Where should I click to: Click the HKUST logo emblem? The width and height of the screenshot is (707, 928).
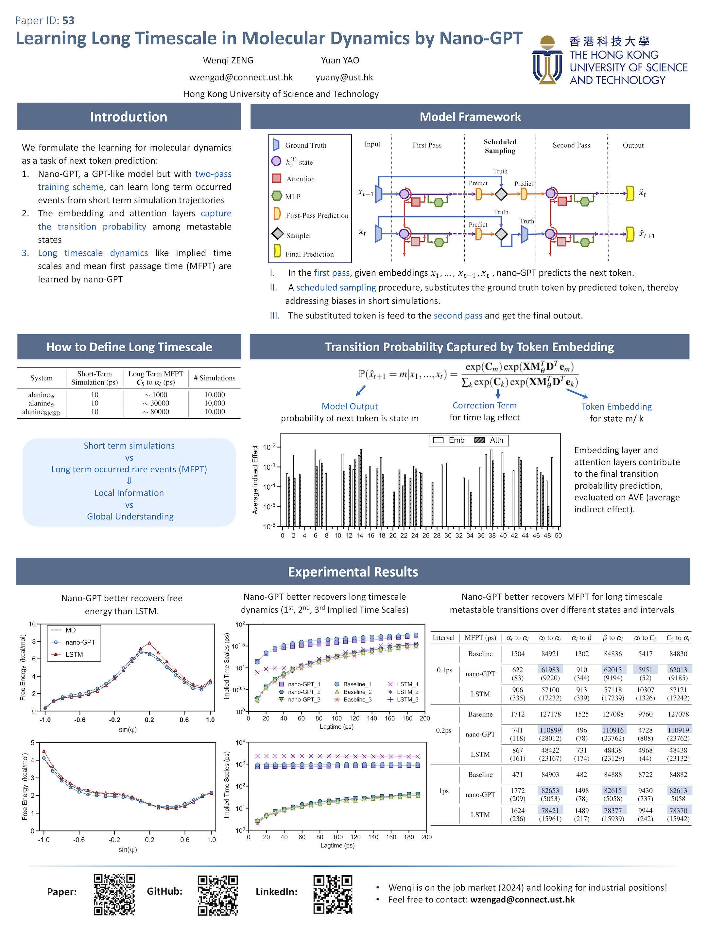pos(547,60)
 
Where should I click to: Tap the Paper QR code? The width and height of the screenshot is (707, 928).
pos(114,894)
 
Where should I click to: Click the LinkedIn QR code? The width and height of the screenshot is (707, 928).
pos(333,894)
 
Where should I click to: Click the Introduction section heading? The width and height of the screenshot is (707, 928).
pos(129,117)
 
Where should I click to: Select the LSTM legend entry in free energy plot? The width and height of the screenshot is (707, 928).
pos(74,654)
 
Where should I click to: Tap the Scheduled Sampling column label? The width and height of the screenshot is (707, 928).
pos(500,146)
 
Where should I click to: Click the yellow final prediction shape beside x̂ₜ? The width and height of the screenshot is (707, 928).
pos(630,193)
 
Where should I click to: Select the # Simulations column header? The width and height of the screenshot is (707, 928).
pos(215,378)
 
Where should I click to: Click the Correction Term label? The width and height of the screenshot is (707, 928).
pos(484,405)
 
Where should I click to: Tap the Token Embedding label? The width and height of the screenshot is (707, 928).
pos(616,407)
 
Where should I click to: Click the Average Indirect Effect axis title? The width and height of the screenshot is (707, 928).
pos(255,480)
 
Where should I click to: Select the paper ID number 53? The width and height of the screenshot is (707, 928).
pos(68,20)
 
